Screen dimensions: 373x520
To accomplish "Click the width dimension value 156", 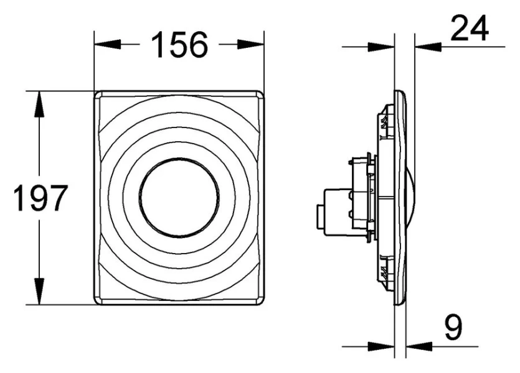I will [x=179, y=45].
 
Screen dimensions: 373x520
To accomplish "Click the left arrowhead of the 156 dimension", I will [x=102, y=45].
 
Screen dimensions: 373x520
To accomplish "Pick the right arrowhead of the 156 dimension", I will [x=257, y=45].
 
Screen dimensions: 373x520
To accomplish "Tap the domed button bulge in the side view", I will [x=412, y=197].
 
